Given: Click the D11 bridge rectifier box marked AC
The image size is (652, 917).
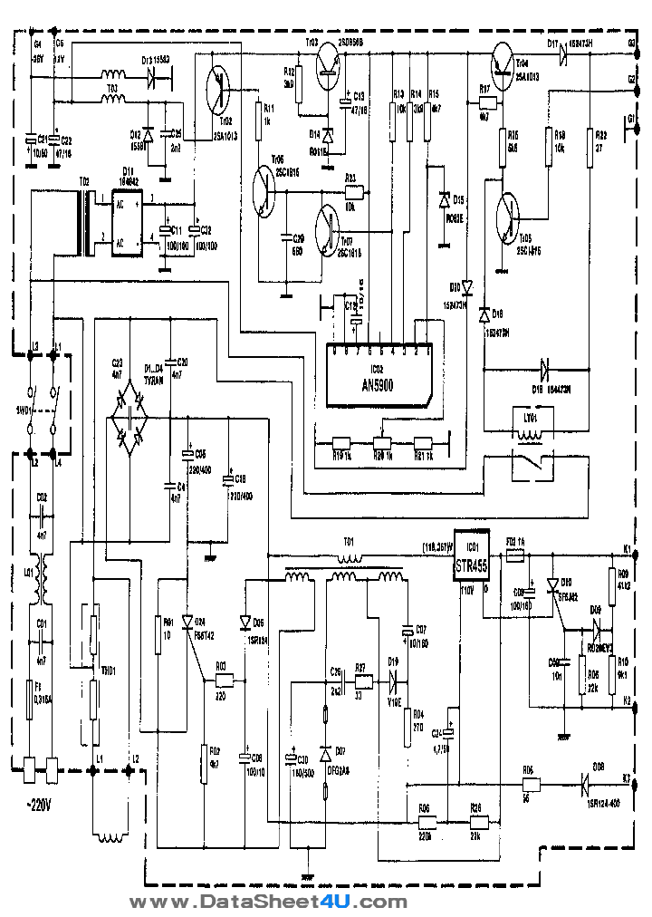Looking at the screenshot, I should point(128,222).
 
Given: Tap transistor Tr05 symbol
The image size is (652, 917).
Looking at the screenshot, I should point(511,217).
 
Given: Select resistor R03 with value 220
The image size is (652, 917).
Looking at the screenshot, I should point(221,681).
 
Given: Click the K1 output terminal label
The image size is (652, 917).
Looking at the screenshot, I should point(627,549).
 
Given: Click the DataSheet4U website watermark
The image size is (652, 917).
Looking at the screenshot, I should point(268,902).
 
